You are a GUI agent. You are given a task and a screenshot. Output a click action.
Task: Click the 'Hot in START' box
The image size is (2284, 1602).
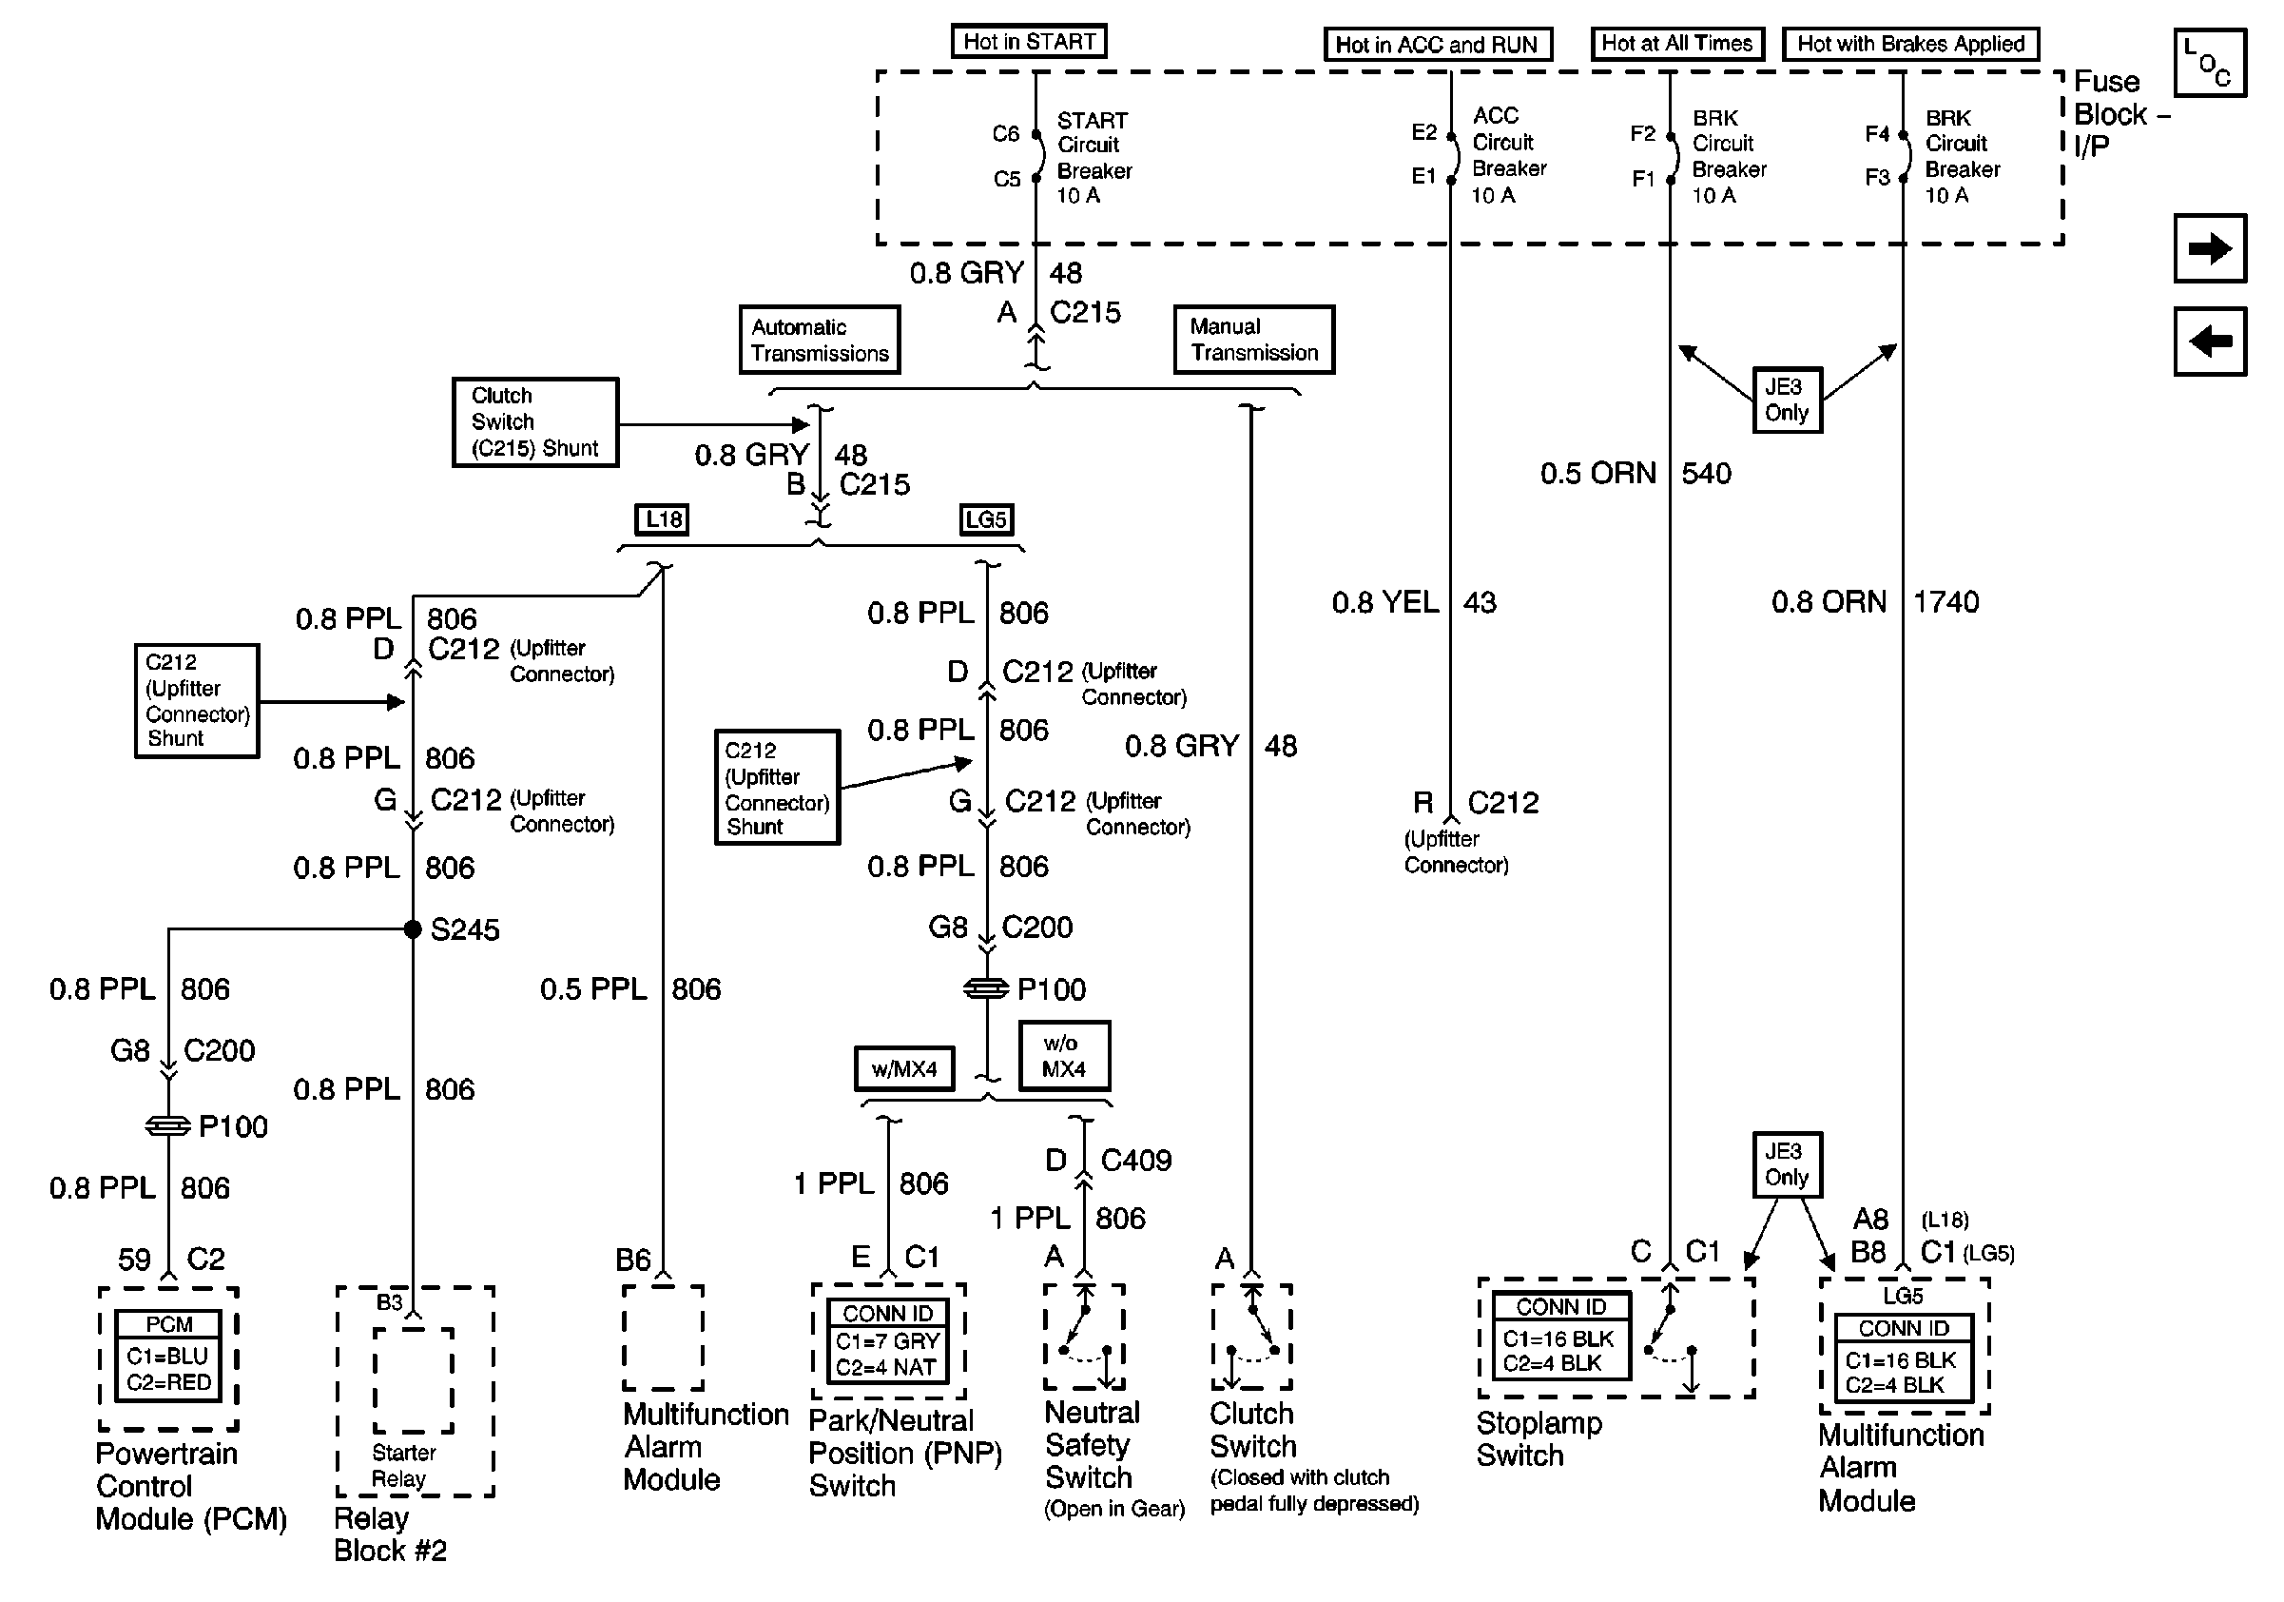pos(1029,42)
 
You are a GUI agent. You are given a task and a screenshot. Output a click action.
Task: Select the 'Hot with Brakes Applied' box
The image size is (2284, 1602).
pos(1910,44)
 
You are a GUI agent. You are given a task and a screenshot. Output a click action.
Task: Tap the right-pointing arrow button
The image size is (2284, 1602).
pos(2210,247)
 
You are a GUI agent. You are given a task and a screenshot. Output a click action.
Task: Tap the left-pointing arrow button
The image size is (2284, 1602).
pos(2210,342)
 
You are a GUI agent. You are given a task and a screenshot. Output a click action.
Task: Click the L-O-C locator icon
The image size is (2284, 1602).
pos(2210,63)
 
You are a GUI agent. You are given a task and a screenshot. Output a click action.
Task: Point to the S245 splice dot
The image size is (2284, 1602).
pos(413,929)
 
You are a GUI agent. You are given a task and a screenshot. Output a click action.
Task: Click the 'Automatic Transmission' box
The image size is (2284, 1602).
pos(819,341)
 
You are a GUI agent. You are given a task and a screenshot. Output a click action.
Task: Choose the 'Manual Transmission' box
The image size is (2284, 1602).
pos(1253,340)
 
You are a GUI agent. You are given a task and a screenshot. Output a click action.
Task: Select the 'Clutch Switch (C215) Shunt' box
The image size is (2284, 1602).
pos(535,421)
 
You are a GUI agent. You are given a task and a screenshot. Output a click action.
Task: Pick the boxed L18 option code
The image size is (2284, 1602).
pos(663,519)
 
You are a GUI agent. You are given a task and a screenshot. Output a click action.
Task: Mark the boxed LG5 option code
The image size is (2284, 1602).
pos(986,519)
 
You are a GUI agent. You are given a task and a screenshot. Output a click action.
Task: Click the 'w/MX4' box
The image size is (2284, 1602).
pos(904,1068)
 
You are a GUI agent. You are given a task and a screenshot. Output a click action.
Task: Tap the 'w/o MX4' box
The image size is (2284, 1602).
pos(1063,1056)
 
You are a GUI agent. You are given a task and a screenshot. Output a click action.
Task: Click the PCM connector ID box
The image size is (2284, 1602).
pos(168,1356)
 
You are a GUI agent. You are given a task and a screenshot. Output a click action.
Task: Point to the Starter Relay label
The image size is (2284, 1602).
pos(403,1466)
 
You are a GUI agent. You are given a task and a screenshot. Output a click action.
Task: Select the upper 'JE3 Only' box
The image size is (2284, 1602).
pos(1787,400)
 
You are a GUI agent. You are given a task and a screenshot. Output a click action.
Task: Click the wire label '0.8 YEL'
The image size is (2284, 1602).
pos(1384,602)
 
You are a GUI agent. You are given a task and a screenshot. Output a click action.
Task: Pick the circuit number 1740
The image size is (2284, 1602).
pos(1945,602)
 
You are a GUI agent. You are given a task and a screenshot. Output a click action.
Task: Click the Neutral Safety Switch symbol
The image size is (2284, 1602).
pos(1084,1337)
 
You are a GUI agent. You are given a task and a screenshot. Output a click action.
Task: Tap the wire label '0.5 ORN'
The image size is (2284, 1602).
pos(1597,474)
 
